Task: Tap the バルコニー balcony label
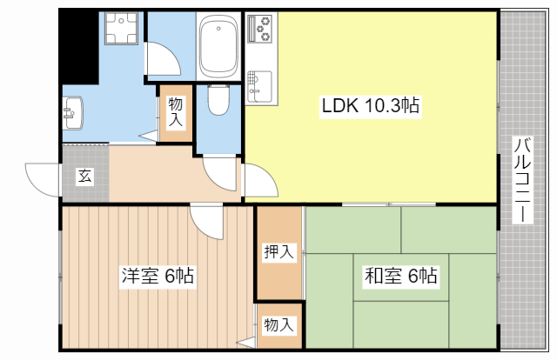522,180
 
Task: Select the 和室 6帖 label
400,277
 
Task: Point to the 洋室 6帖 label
158,277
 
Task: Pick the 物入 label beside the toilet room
175,111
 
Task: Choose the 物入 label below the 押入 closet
278,325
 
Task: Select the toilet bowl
218,102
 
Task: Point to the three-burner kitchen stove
261,31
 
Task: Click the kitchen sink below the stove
259,83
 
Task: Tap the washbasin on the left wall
71,111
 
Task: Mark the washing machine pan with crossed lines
121,30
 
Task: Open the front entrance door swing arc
43,179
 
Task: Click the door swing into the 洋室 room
206,223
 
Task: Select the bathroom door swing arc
164,59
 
